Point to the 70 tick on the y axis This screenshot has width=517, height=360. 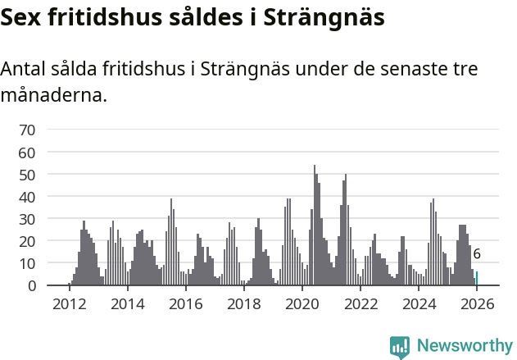click(27, 130)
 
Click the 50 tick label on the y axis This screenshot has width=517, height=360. click(27, 175)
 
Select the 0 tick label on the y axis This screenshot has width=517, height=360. click(31, 285)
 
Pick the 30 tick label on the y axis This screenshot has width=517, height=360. click(27, 219)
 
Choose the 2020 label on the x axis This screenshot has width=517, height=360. click(302, 303)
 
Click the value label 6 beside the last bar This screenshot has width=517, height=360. click(477, 255)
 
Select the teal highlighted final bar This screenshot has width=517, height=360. click(477, 279)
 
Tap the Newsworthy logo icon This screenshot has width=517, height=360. click(399, 347)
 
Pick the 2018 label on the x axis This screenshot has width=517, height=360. click(243, 303)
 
